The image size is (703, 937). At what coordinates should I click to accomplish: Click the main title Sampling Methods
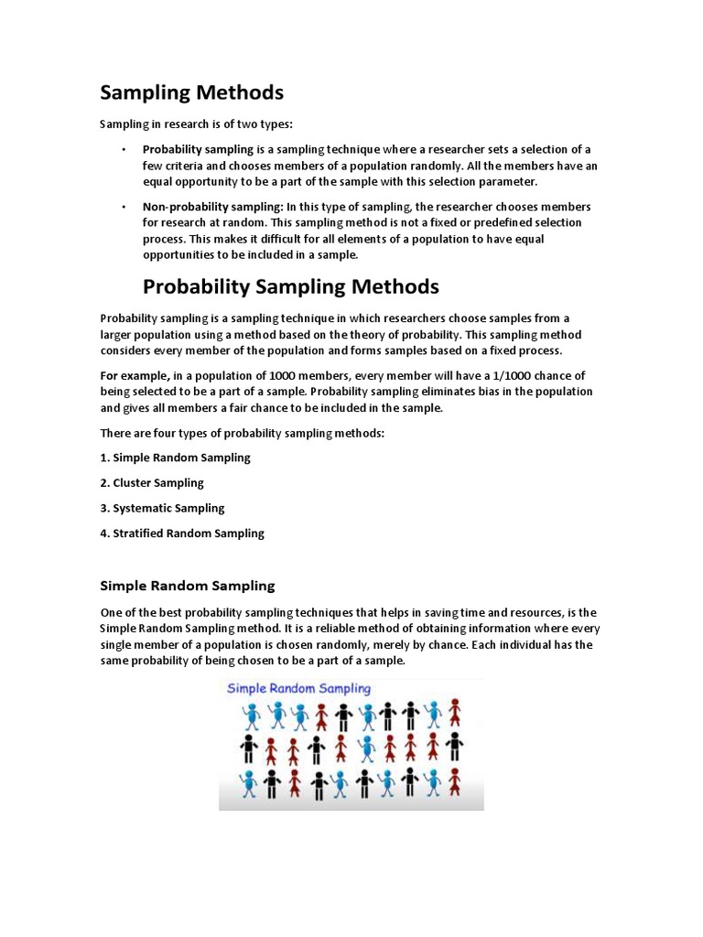pos(191,92)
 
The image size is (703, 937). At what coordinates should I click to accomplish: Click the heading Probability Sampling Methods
pos(291,287)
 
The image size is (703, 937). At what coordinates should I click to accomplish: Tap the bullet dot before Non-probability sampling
pos(122,207)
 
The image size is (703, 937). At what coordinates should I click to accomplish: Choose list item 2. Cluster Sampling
pos(152,482)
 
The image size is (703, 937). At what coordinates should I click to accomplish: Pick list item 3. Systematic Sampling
pos(162,508)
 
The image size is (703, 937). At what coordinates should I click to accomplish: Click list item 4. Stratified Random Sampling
pos(181,533)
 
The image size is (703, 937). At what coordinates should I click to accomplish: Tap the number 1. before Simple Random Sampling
pos(104,457)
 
